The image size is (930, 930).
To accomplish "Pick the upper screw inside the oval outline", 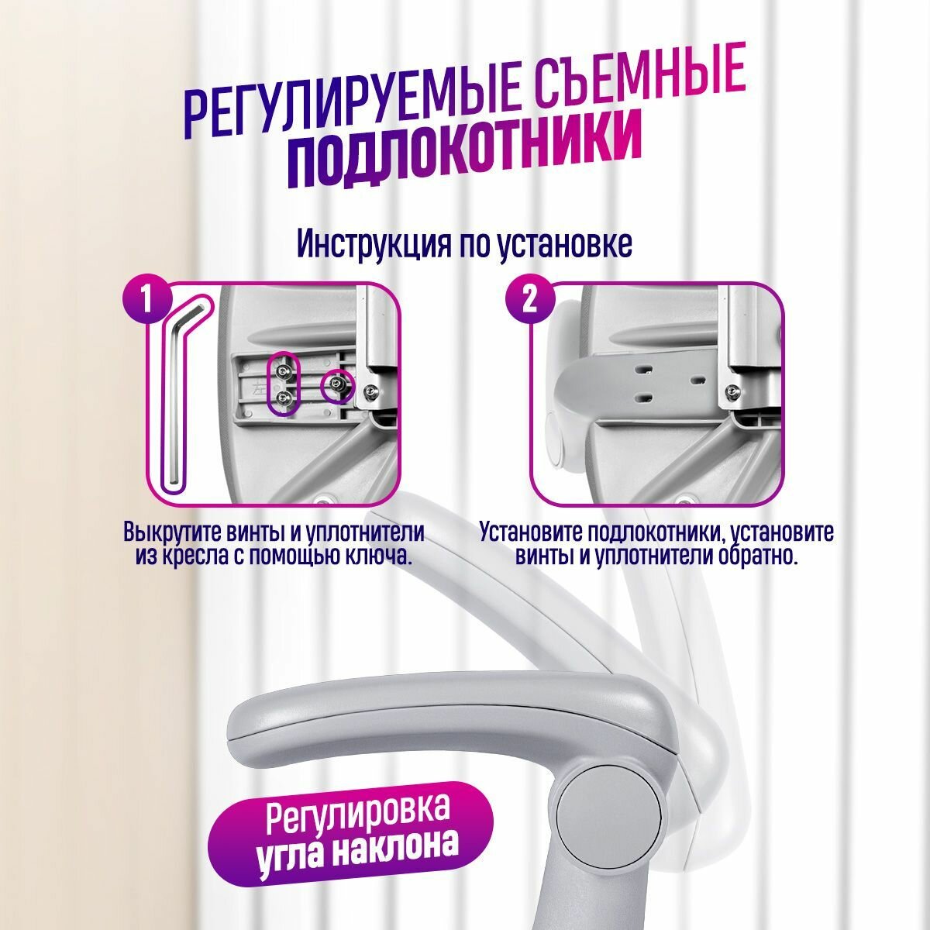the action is [282, 370].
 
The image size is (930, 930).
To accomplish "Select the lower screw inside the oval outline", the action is [283, 398].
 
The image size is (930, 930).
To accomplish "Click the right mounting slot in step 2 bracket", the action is [697, 381].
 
